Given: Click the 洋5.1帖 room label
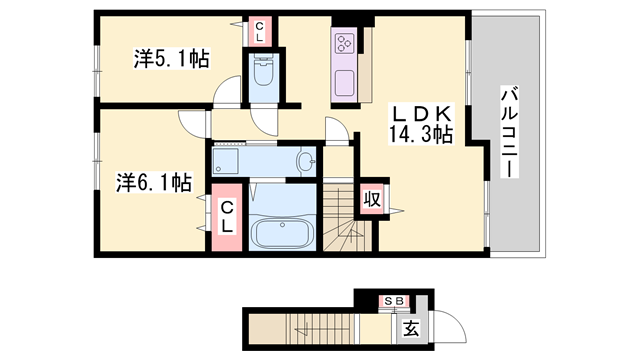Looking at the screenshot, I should [172, 59].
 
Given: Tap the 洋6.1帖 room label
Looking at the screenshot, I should [153, 182].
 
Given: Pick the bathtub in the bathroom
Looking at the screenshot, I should [283, 233].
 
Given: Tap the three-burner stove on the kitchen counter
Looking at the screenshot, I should [345, 43].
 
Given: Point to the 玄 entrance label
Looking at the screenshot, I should [411, 326].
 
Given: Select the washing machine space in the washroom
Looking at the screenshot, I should [226, 160].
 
